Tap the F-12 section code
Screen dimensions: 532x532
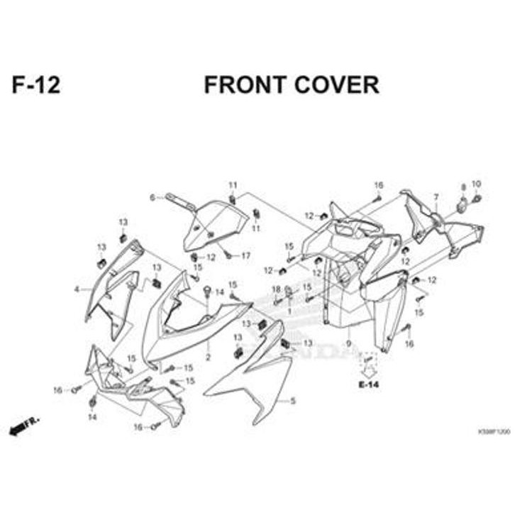tap(35, 85)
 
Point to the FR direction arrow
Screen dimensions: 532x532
tap(23, 426)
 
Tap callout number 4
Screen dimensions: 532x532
tap(76, 289)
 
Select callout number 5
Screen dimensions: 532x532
tap(292, 401)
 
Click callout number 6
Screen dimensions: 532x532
tap(152, 197)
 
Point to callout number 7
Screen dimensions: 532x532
tap(436, 196)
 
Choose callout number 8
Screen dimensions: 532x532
tap(463, 187)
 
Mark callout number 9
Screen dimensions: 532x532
tap(348, 343)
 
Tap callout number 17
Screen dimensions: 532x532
tap(246, 255)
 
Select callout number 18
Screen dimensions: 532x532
tap(277, 289)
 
